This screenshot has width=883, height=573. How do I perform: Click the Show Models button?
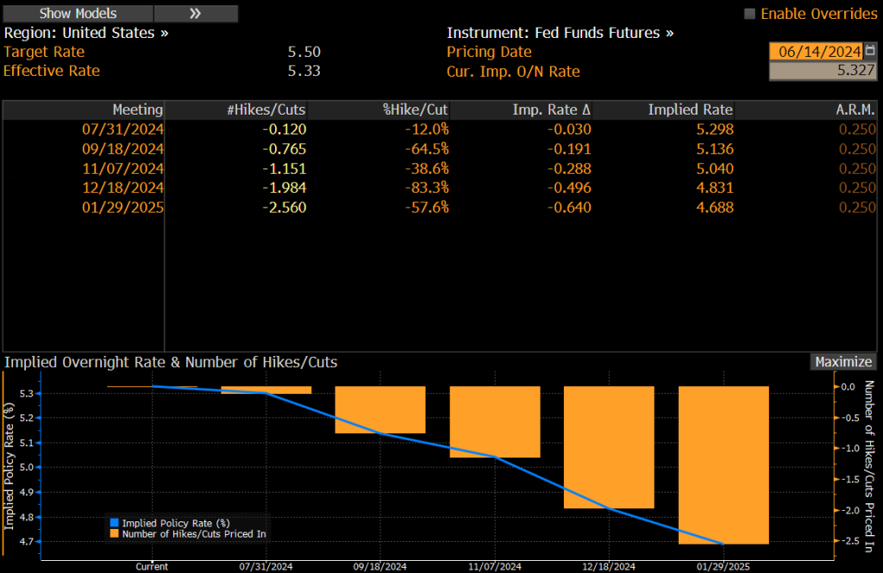click(x=78, y=14)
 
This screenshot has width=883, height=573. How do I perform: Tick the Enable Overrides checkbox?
click(x=749, y=14)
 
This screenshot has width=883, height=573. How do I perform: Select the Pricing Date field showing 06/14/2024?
click(x=814, y=52)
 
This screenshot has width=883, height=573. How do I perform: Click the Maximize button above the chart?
click(x=843, y=362)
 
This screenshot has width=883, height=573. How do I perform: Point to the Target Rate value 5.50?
click(x=304, y=52)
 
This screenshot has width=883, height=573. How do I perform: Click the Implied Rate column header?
click(x=690, y=109)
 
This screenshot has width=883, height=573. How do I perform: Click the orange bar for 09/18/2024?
click(x=380, y=409)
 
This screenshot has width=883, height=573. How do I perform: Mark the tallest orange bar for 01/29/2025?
click(x=723, y=464)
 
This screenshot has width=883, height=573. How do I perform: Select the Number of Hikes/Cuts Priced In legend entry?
click(x=189, y=535)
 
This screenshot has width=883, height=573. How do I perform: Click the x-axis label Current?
click(x=152, y=566)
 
